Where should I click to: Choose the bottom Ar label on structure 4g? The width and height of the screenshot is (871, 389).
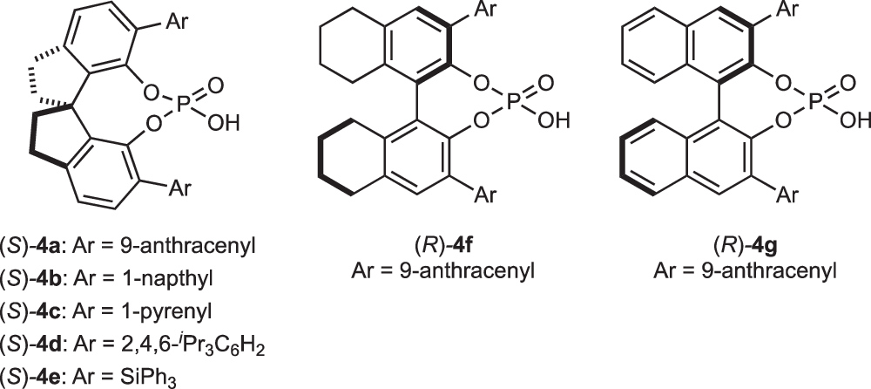[x=788, y=193]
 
